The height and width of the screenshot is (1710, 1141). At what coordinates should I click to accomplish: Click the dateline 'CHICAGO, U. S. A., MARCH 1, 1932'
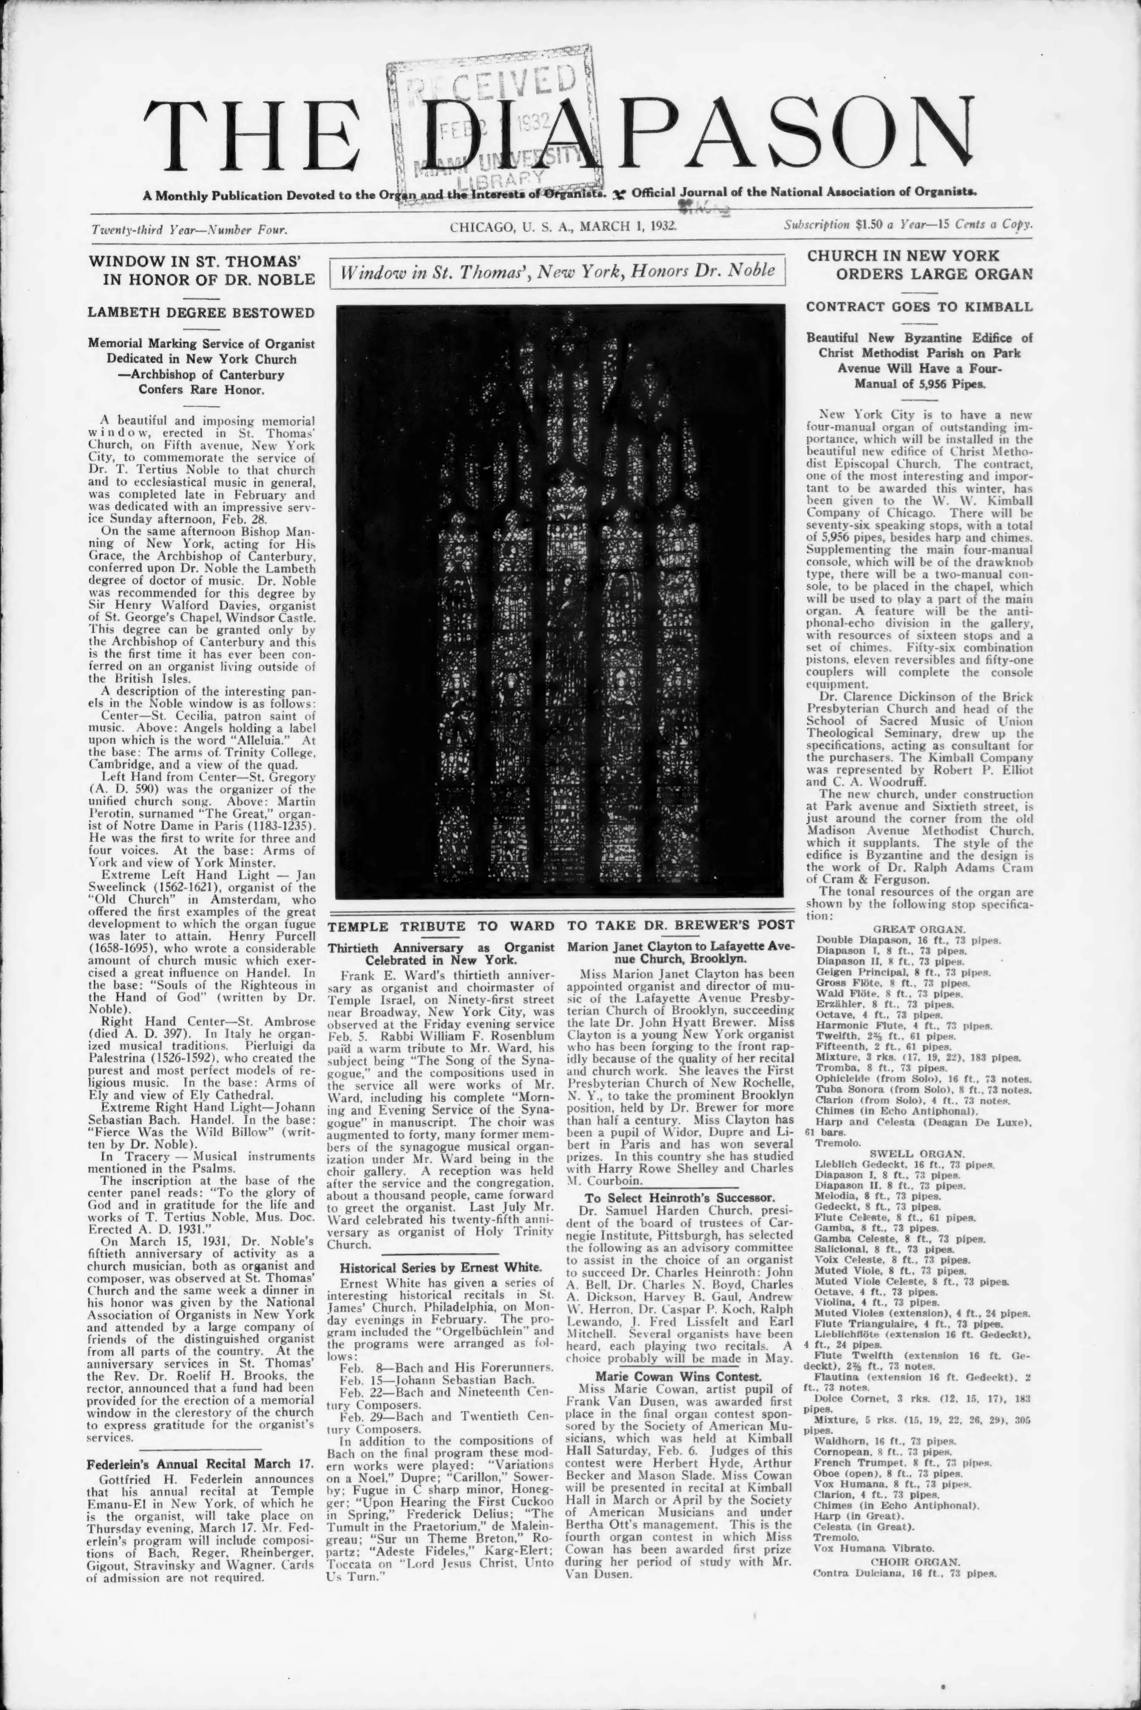click(563, 226)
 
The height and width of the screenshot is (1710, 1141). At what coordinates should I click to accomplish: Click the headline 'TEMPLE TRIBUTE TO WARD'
click(440, 926)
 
